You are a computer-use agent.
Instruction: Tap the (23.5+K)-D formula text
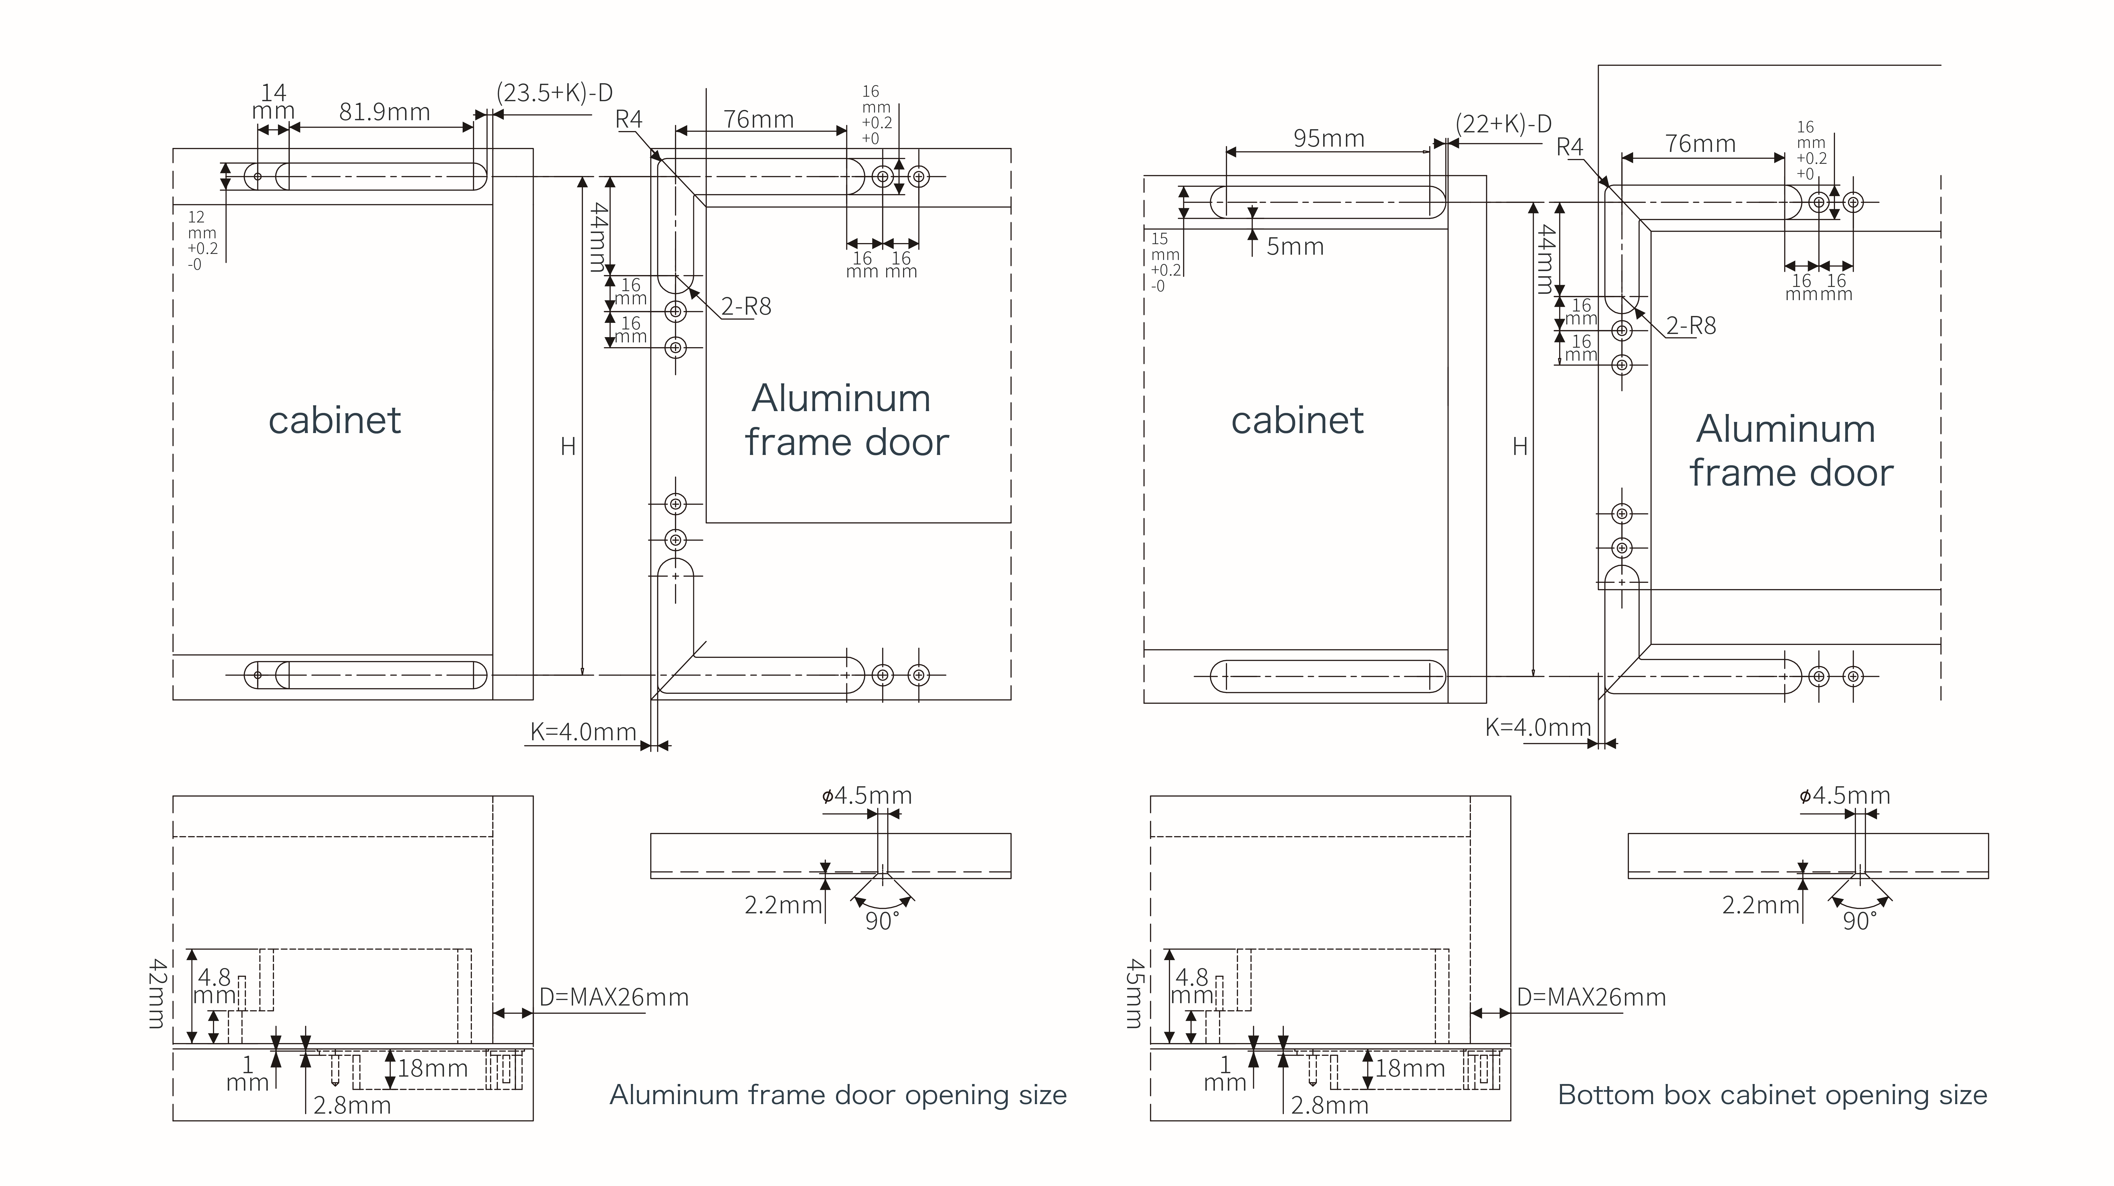click(x=555, y=93)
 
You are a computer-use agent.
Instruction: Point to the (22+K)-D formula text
click(x=1503, y=124)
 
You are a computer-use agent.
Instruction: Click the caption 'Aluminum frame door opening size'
click(x=838, y=1095)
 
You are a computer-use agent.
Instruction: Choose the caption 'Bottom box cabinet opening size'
click(x=1773, y=1095)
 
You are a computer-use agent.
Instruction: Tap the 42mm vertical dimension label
click(x=156, y=994)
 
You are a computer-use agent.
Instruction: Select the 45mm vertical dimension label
click(x=1133, y=994)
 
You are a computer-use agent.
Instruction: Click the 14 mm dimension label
click(x=273, y=102)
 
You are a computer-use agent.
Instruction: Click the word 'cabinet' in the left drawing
click(x=335, y=420)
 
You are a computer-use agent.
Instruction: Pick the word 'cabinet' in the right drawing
click(x=1298, y=420)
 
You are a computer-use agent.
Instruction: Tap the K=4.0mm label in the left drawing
click(x=583, y=731)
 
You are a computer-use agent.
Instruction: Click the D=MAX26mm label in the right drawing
click(x=1591, y=997)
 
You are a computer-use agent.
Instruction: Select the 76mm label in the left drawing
click(x=758, y=120)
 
